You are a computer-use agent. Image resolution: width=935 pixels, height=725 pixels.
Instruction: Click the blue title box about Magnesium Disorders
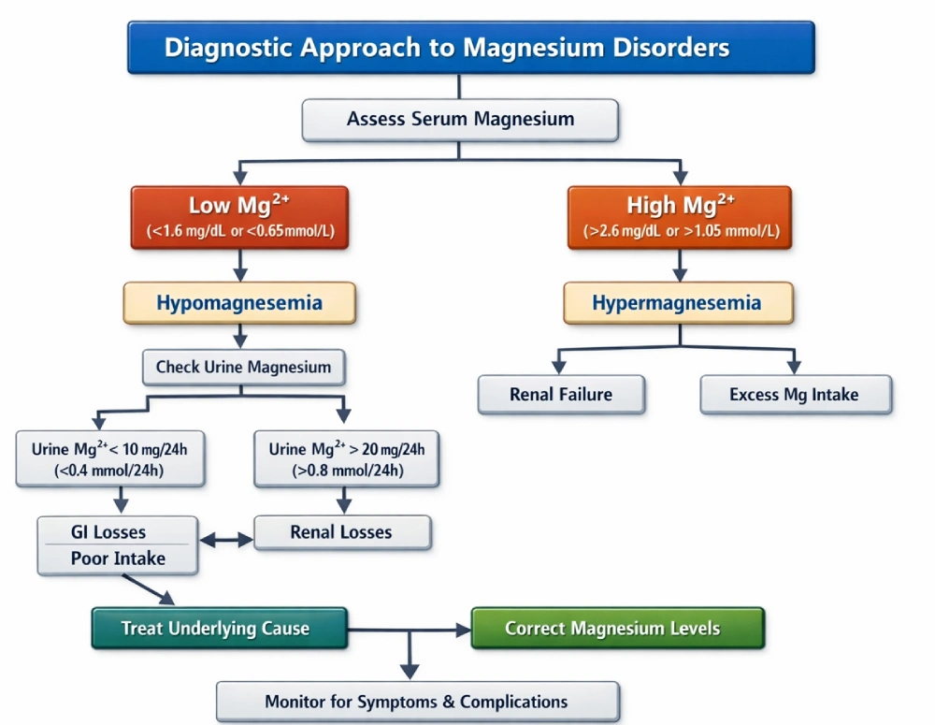(x=470, y=48)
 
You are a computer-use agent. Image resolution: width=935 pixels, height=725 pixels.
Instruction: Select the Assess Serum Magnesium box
(x=460, y=120)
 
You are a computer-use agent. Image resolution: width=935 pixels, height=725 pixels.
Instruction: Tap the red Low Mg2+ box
(x=239, y=217)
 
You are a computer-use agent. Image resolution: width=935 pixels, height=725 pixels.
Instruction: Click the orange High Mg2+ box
(x=680, y=217)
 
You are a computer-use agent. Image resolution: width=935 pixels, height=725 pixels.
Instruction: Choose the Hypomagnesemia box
(x=239, y=303)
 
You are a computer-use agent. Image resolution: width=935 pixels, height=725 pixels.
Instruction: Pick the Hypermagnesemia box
(x=678, y=303)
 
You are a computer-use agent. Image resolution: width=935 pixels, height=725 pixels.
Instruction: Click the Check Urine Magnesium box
(x=243, y=367)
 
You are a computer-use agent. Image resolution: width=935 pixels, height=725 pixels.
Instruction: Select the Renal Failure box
(x=561, y=394)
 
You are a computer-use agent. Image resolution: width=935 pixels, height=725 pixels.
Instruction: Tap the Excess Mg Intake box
(x=795, y=394)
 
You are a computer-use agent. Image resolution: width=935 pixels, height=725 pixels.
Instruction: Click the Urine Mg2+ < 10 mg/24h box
(x=110, y=459)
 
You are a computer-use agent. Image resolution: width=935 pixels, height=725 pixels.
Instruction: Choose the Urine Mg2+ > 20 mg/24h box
(x=346, y=459)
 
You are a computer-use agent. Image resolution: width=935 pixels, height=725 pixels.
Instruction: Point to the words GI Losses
(x=108, y=532)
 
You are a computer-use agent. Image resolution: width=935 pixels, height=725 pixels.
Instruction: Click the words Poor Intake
(x=118, y=558)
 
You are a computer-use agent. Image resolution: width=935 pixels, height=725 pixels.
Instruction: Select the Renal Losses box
(x=341, y=532)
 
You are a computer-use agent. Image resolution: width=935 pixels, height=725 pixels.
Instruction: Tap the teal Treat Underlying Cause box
(x=219, y=628)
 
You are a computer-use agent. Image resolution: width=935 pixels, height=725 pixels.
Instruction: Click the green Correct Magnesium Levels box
(x=617, y=628)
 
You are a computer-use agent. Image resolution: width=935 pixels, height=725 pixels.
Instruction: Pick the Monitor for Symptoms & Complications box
(x=417, y=701)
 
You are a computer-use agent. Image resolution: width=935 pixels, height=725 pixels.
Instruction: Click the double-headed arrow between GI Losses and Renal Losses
(x=226, y=540)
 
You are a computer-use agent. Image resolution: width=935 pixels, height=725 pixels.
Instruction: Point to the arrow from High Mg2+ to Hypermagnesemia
(x=679, y=266)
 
